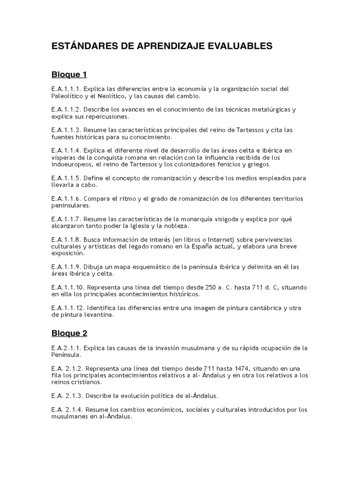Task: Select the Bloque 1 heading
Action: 69,75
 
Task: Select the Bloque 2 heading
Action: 69,333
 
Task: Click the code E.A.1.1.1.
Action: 66,89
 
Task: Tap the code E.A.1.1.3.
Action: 66,130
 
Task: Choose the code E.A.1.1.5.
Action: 66,178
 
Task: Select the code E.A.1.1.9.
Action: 66,267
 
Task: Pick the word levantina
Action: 98,315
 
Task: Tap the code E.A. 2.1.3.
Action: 67,396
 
